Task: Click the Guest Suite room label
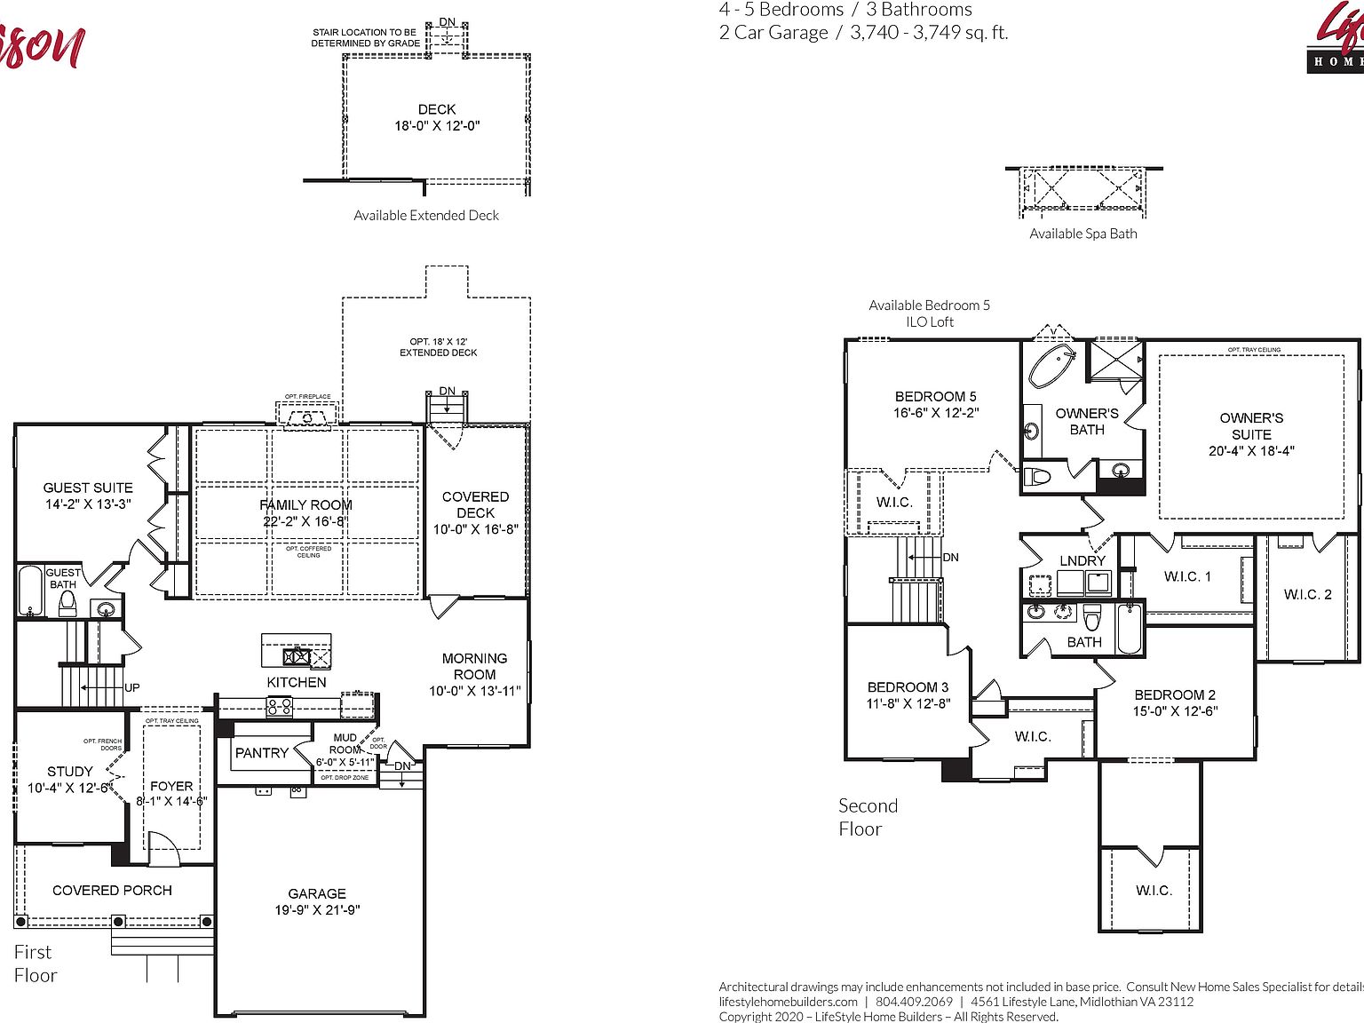[x=88, y=488]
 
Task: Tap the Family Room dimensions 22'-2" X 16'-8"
[x=305, y=521]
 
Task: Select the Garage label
[x=317, y=893]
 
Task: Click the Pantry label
[x=261, y=752]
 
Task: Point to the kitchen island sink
[x=297, y=657]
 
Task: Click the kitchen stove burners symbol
[x=280, y=707]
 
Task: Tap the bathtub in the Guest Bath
[x=30, y=591]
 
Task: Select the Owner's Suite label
[x=1251, y=426]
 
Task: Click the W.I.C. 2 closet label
[x=1307, y=594]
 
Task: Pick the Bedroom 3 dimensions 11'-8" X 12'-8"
[x=908, y=703]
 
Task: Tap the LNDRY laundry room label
[x=1082, y=560]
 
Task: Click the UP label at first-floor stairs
[x=132, y=687]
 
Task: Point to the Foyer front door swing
[x=163, y=848]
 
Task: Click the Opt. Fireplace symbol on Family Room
[x=307, y=416]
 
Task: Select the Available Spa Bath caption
[x=1082, y=234]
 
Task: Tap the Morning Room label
[x=474, y=666]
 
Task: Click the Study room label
[x=70, y=771]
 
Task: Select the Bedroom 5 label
[x=935, y=396]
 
